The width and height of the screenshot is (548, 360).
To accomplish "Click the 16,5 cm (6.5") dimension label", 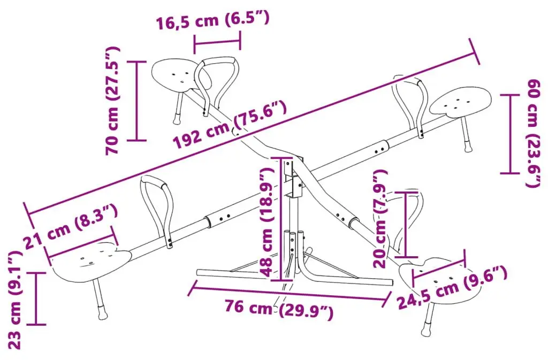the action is pyautogui.click(x=212, y=20).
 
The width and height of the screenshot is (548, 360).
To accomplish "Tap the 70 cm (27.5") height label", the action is pyautogui.click(x=113, y=100).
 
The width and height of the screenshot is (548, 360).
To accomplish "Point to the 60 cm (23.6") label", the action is pyautogui.click(x=535, y=133).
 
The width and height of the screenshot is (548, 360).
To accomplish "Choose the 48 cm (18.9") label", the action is pyautogui.click(x=267, y=222).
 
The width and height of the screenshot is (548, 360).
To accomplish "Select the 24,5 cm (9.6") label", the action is pyautogui.click(x=453, y=287).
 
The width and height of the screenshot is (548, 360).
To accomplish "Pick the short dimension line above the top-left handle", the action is pyautogui.click(x=217, y=43).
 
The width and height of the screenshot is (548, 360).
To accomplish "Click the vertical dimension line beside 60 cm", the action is pyautogui.click(x=510, y=134).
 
